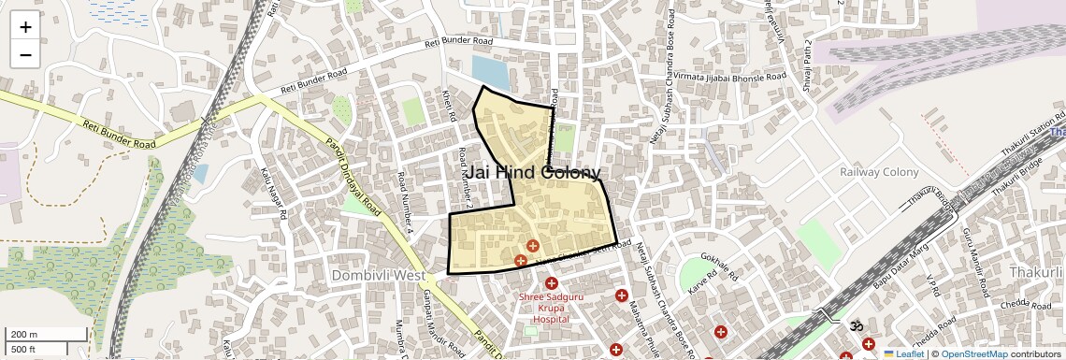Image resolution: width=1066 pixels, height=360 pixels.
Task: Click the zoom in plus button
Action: coord(25,27)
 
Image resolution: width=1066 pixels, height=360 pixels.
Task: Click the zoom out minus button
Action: coord(25,55)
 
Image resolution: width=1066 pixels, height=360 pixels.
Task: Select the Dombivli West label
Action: coord(378,276)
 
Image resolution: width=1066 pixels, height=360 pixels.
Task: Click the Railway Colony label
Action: coord(879,172)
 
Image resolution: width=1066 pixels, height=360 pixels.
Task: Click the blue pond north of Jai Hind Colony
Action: coord(490,71)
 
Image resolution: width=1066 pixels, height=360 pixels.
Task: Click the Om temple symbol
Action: coord(853,325)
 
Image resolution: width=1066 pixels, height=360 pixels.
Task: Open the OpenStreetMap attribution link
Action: coord(973,353)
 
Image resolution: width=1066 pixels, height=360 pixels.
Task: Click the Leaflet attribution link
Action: coord(903,353)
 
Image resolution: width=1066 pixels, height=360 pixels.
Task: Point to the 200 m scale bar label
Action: coord(25,334)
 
